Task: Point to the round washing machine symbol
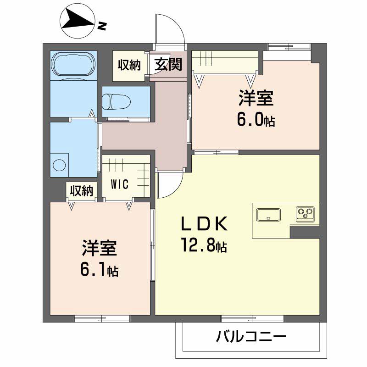pyautogui.click(x=59, y=164)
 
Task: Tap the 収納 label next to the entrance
pyautogui.click(x=129, y=65)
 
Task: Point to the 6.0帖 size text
pyautogui.click(x=256, y=120)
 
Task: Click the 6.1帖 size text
pyautogui.click(x=99, y=271)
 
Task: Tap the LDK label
pyautogui.click(x=204, y=224)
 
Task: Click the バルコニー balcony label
pyautogui.click(x=251, y=338)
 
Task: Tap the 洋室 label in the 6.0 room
pyautogui.click(x=256, y=99)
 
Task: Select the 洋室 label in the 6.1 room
pyautogui.click(x=99, y=249)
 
